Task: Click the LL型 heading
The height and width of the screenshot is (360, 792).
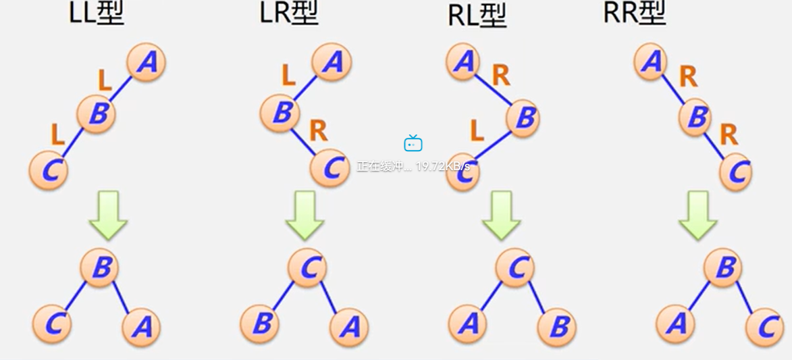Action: [x=97, y=14]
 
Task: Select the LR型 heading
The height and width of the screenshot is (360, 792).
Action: [x=289, y=14]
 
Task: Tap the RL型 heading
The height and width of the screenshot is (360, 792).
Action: [x=477, y=15]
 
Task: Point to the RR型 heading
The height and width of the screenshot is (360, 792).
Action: [x=635, y=14]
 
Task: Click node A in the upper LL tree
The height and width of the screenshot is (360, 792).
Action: [x=146, y=63]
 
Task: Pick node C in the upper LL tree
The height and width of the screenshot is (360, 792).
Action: [x=49, y=170]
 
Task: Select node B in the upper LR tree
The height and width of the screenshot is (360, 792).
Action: [x=280, y=113]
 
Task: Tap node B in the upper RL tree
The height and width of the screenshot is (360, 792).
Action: [x=524, y=119]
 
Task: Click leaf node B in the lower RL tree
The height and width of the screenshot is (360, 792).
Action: [x=557, y=328]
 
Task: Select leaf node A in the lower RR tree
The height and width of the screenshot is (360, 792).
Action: [x=675, y=325]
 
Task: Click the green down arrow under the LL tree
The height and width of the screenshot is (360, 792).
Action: [x=108, y=215]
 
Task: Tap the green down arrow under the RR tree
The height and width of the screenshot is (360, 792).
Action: [x=697, y=215]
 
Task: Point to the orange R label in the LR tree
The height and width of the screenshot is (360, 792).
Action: [x=318, y=130]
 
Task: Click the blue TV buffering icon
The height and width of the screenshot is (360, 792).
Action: [x=413, y=143]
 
